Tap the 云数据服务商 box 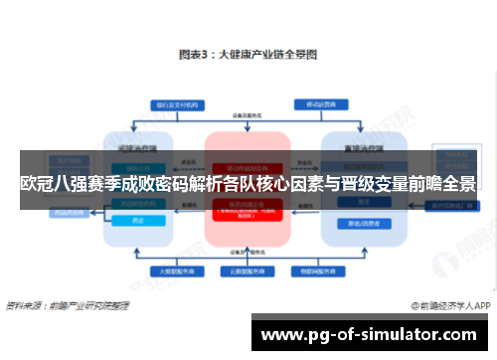tap(247, 269)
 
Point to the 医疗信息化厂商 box tap(447, 207)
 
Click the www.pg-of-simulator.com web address tap(370, 335)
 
